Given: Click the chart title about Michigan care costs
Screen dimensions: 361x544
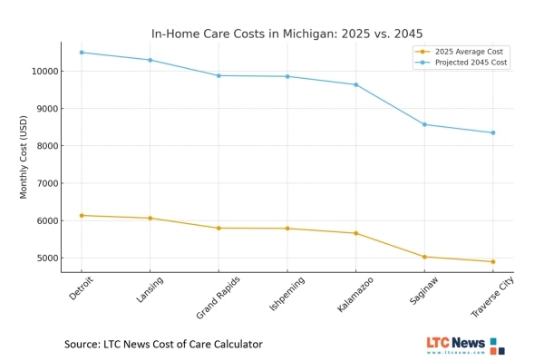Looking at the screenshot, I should (x=287, y=34).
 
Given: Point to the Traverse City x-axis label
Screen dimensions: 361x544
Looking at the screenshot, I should (x=492, y=298).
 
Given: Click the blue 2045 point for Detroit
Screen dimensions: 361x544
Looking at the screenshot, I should (x=82, y=52).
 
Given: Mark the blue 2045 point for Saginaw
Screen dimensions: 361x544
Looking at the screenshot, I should (x=424, y=124).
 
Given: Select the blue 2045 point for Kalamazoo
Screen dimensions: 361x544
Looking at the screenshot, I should (x=355, y=84).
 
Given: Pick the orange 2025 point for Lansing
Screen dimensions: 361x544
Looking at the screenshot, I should (x=150, y=218).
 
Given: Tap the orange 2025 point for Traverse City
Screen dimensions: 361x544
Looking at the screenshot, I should (x=492, y=262).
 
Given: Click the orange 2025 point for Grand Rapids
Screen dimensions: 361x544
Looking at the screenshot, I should (x=219, y=228).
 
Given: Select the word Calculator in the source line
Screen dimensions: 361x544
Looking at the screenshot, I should (x=233, y=345).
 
